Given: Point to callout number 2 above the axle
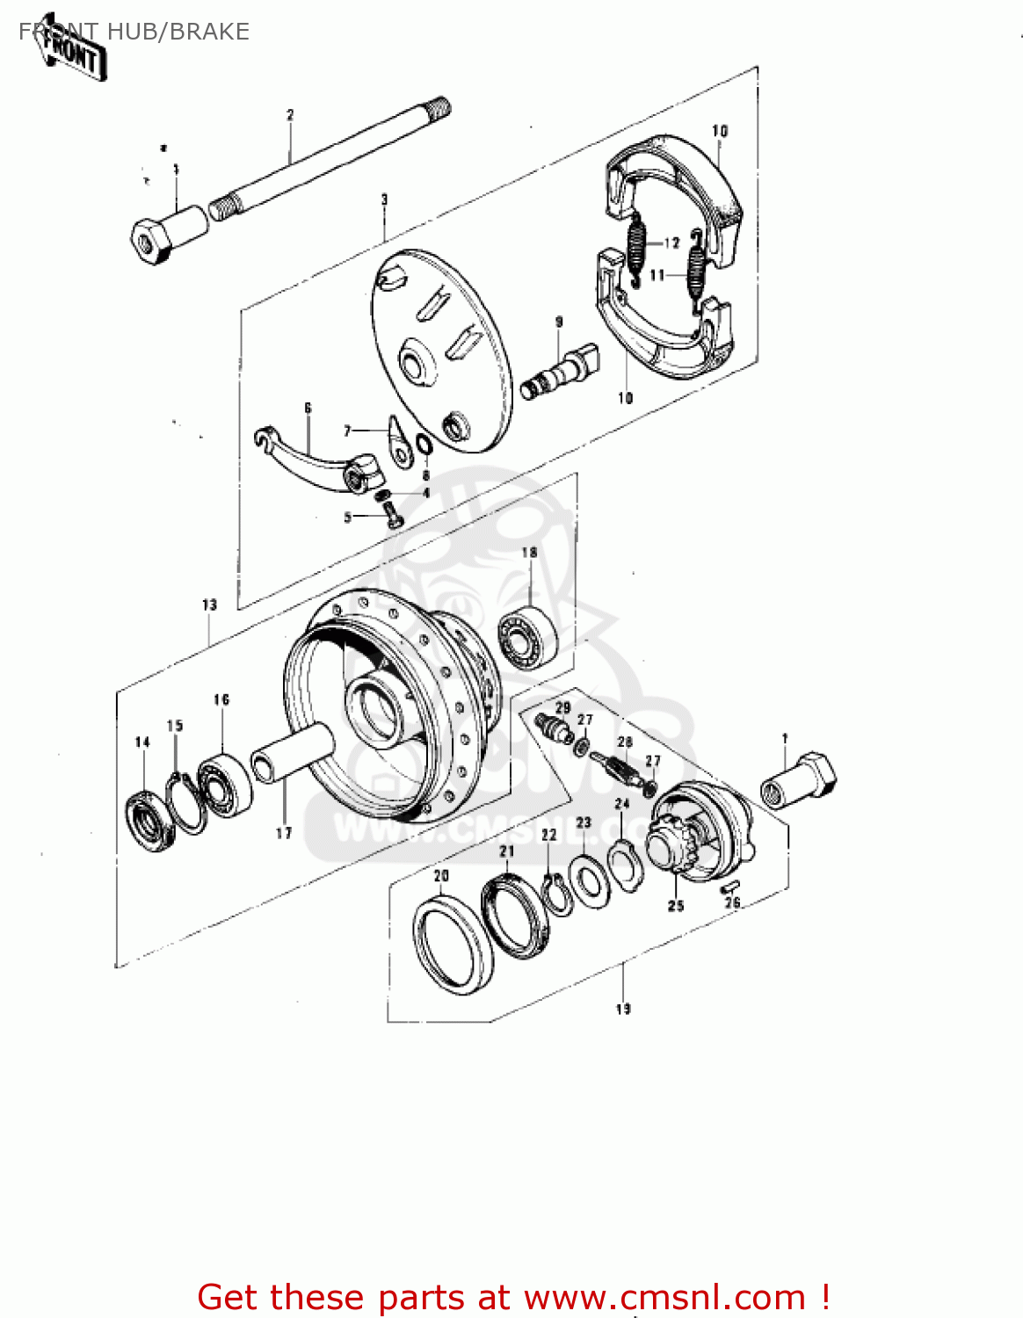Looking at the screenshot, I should point(290,115).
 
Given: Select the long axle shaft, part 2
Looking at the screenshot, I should point(334,158).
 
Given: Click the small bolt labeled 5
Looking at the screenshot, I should point(393,517).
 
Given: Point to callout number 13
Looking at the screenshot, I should point(209,605).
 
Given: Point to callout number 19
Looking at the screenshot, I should point(623,1009).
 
